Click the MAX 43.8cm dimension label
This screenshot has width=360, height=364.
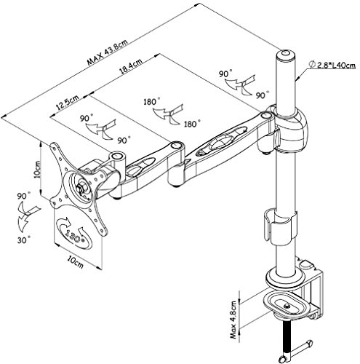tap(108, 52)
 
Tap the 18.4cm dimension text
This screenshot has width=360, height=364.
tap(131, 66)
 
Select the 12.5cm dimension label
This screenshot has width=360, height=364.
tap(68, 102)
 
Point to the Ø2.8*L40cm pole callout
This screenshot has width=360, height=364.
tap(332, 65)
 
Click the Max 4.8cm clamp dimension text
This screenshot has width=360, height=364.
tap(233, 320)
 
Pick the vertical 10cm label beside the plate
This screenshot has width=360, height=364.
tap(37, 169)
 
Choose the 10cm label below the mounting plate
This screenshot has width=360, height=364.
tap(76, 263)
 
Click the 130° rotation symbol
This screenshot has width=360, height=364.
tap(74, 233)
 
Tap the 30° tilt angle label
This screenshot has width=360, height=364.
tap(24, 240)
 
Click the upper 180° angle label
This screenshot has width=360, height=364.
tap(152, 101)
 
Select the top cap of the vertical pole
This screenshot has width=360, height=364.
tap(285, 55)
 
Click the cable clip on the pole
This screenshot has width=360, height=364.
tap(280, 226)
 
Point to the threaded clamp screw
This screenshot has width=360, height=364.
tap(287, 339)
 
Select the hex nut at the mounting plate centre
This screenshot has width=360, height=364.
tap(81, 187)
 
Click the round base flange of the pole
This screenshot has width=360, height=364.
tap(285, 280)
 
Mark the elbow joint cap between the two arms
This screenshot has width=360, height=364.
tap(177, 146)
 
